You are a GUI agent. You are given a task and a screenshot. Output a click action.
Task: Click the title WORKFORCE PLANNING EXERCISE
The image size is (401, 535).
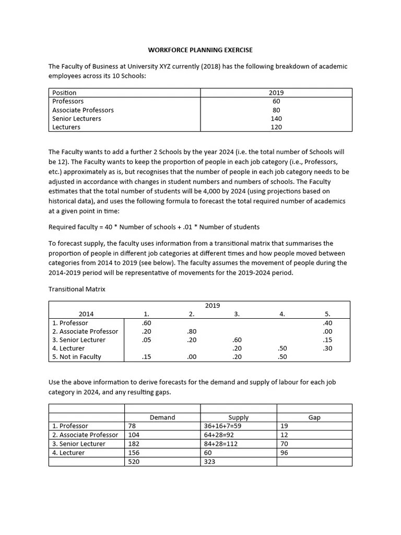pos(200,50)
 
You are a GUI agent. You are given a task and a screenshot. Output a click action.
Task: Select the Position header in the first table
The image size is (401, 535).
pos(64,92)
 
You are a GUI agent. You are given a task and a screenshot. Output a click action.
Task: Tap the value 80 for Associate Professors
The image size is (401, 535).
pos(276,110)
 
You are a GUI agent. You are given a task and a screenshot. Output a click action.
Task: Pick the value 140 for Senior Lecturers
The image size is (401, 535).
pos(276,119)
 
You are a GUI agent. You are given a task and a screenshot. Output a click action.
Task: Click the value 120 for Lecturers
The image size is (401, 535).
pos(276,127)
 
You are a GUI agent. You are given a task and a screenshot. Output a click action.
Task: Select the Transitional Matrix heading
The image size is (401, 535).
pos(77,289)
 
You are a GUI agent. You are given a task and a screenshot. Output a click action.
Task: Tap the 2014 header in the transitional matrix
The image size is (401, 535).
pos(86,314)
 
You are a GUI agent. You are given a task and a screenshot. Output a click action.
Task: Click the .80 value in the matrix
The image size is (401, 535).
pos(191,331)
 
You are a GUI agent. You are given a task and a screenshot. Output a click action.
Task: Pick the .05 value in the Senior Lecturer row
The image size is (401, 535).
pos(146,340)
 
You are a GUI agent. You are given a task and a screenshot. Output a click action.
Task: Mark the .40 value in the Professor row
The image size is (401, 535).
pos(327,323)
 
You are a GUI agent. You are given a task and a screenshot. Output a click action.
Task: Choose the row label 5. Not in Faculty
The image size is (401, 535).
pos(77,357)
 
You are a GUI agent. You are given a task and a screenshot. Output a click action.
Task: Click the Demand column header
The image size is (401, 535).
pos(162,417)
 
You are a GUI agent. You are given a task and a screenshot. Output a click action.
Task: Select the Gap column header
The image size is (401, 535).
pos(314,417)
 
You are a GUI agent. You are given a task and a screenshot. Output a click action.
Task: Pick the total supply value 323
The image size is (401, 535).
pos(210,462)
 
